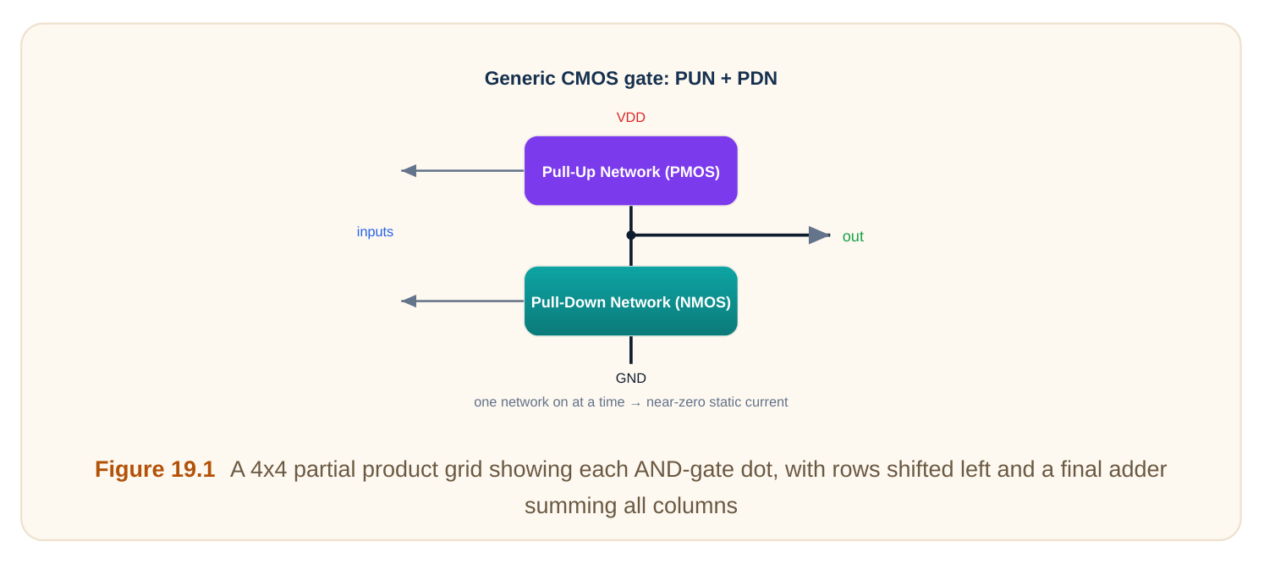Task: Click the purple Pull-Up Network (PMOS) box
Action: pos(631,170)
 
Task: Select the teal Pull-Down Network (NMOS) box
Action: pos(631,301)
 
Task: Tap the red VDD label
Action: pos(631,118)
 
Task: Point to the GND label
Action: pos(631,379)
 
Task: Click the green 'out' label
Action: pos(853,236)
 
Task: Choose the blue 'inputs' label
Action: pos(375,232)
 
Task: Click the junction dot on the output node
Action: pos(631,235)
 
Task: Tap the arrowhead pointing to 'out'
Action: pos(819,235)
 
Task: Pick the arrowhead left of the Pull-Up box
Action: pos(409,170)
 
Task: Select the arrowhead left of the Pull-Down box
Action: pos(409,301)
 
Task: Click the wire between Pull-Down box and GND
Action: pos(631,350)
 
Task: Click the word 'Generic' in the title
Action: pos(519,79)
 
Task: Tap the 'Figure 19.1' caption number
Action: pos(155,469)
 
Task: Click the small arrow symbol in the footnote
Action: pos(635,403)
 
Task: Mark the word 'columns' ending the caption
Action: pos(695,506)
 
